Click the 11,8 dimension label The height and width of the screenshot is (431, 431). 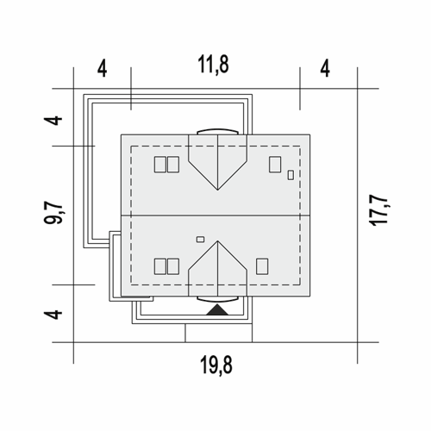(x=213, y=65)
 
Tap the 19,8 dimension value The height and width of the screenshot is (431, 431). (x=216, y=365)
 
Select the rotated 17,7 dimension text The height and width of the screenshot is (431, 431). (x=379, y=210)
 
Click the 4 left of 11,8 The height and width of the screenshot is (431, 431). (x=103, y=69)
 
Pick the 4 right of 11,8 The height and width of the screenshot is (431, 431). (x=325, y=69)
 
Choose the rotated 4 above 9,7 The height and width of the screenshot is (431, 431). (x=53, y=121)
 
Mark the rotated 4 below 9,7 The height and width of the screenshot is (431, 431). (x=53, y=315)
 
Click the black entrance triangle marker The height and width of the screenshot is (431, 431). (x=217, y=310)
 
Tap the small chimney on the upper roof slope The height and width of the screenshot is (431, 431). (x=290, y=175)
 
